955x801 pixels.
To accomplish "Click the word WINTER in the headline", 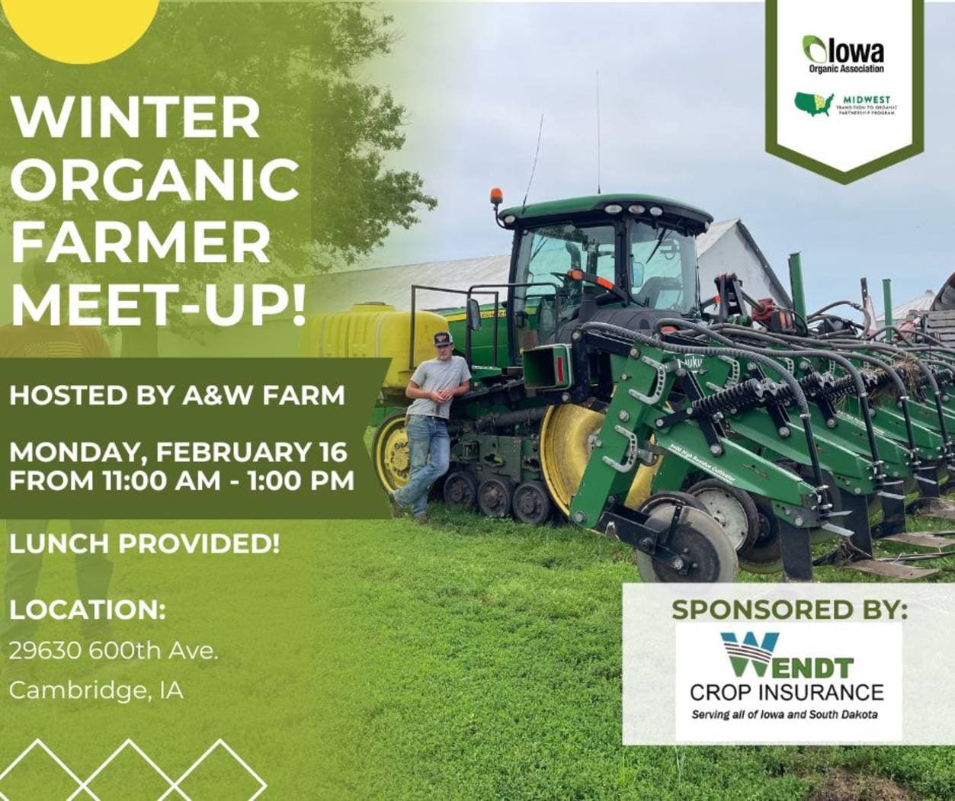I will pos(136,117).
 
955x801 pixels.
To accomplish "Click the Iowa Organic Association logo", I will pos(844,55).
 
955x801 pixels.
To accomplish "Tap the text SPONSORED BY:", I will pos(790,609).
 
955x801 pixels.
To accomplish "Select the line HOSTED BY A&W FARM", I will pos(176,395).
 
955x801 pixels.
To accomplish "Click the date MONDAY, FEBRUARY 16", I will pos(178,452).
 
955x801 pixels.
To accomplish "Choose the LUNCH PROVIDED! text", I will pos(144,543).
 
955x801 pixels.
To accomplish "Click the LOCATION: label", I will pos(88,610).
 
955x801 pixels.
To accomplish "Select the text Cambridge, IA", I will pos(96,690).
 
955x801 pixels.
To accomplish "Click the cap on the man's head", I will pos(443,338).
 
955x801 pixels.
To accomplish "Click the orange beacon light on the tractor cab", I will pos(496,195).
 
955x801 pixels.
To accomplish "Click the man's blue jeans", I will pos(427,461).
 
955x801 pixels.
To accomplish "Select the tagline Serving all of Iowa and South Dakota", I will pos(784,715).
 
